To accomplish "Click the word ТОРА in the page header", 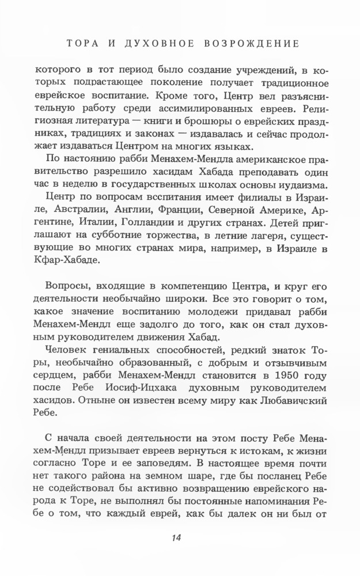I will tap(78, 43).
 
